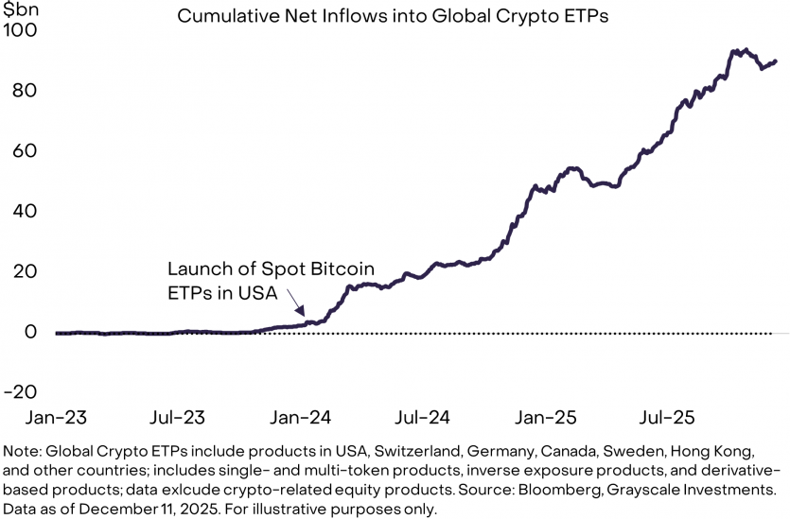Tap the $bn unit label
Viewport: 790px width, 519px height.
coord(19,9)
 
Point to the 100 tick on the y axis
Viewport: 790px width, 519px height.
coord(21,30)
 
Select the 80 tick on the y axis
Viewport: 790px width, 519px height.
coord(25,91)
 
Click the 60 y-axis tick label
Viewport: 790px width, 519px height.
coord(25,151)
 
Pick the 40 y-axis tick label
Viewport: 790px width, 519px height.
coord(25,212)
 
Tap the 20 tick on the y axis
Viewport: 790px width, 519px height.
coord(25,272)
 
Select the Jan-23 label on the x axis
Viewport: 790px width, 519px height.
coord(57,416)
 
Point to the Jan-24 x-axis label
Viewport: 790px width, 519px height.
coord(302,416)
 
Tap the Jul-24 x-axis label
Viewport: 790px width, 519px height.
coord(424,416)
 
